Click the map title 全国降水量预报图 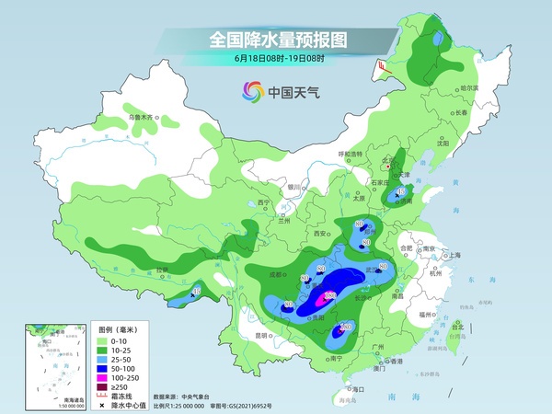tap(276, 40)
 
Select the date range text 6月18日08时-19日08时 tap(276, 59)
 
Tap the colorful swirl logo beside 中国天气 tap(251, 91)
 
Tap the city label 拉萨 tap(163, 270)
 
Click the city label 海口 tap(359, 390)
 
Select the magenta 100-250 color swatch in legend tap(105, 376)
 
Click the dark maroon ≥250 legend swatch tap(105, 386)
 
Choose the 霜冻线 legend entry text tap(123, 397)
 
